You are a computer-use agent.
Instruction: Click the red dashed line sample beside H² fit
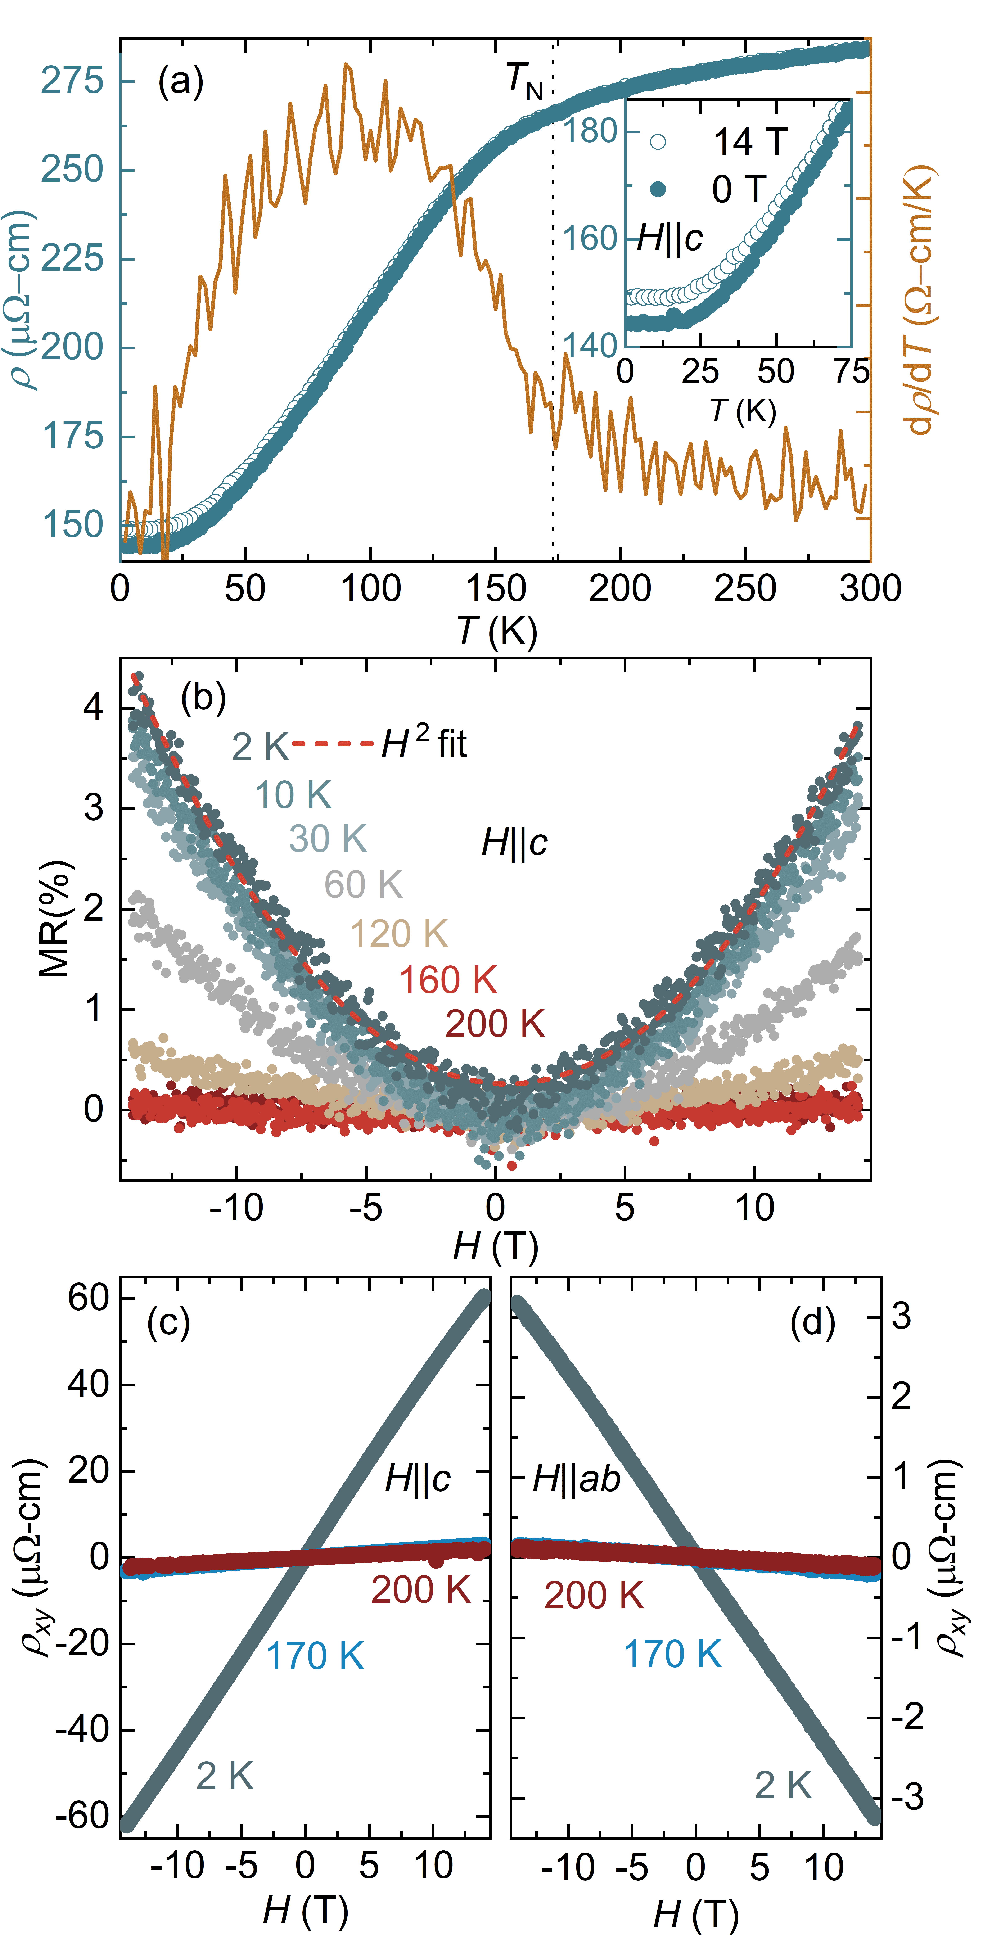click(333, 744)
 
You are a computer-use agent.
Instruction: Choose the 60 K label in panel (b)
click(364, 885)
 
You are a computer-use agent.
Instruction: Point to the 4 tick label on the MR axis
click(93, 708)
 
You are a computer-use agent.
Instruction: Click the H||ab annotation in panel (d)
click(576, 1479)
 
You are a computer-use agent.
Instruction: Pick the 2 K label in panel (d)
click(783, 1785)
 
